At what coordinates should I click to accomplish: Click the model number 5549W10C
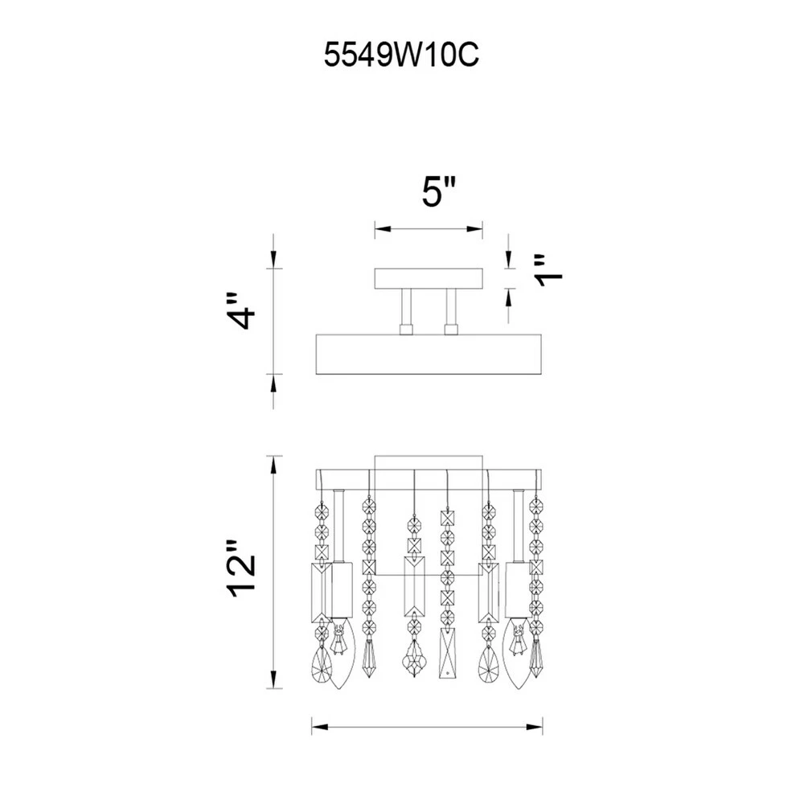click(x=401, y=55)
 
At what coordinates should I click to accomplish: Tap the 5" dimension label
click(x=438, y=191)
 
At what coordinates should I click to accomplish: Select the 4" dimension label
click(x=240, y=312)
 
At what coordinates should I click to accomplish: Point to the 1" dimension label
click(x=548, y=269)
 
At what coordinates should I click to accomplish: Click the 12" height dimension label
click(x=240, y=568)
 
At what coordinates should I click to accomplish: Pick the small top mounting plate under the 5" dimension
click(x=429, y=278)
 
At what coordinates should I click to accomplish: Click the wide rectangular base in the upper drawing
click(x=429, y=355)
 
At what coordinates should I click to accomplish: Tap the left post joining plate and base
click(x=406, y=312)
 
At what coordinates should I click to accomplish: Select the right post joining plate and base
click(x=451, y=312)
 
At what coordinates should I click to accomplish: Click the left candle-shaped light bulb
click(x=340, y=652)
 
